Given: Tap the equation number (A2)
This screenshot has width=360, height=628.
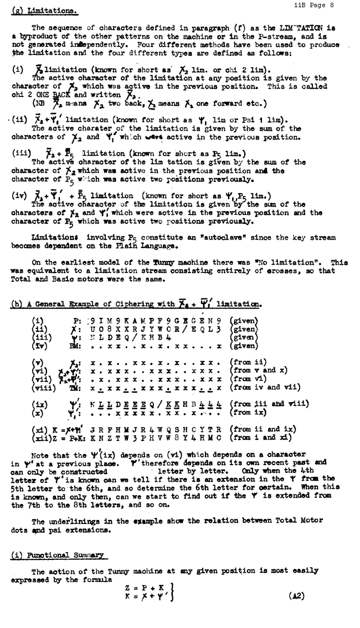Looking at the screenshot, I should (x=296, y=596).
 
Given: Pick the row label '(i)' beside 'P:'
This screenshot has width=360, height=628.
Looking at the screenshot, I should (x=38, y=320).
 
